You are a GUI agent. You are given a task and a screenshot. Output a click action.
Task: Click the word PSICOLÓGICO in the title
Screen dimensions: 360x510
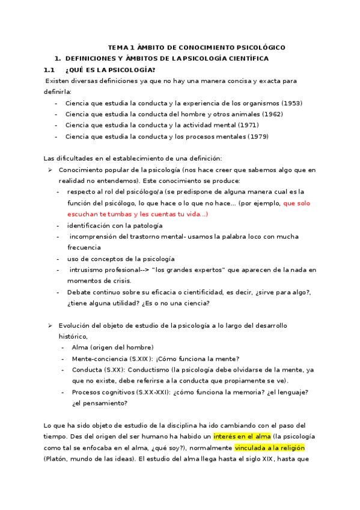[x=257, y=48]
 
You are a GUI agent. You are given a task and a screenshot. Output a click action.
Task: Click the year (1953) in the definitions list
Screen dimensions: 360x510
[x=291, y=103]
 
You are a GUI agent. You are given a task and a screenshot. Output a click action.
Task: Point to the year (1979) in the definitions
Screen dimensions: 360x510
[x=258, y=137]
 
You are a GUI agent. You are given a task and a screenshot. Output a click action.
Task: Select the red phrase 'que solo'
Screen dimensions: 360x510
[x=297, y=203]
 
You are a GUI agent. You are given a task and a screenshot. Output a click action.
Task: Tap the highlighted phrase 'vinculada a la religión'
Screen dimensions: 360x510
[x=270, y=448]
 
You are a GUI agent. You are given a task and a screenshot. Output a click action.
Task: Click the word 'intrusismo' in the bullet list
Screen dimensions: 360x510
[x=89, y=270]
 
